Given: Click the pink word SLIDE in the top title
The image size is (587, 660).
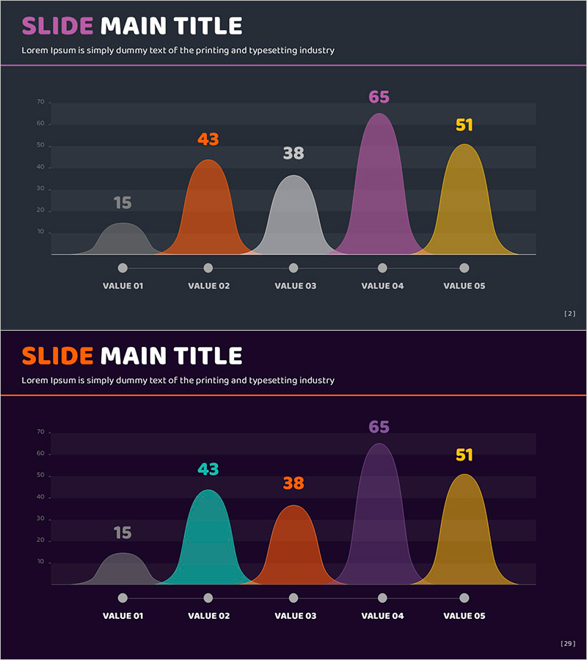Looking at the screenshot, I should coord(57,26).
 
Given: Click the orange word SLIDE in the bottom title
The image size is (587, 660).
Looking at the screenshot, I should coord(57,356).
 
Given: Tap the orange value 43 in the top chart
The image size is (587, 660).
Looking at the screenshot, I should coord(208,139).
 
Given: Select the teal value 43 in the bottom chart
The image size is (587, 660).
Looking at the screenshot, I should coord(208,469).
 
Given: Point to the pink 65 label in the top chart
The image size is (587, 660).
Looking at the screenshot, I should coord(379,98).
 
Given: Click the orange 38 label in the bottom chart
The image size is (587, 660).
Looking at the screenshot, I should coord(293,483).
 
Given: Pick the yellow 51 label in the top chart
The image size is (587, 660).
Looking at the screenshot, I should coord(464,125).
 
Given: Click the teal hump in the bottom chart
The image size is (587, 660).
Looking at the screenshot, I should coord(209,543).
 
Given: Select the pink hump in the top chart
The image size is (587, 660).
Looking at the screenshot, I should coord(379,191).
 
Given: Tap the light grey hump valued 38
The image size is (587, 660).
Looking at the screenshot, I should coord(293,220).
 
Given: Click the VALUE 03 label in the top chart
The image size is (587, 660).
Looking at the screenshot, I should coord(295,286).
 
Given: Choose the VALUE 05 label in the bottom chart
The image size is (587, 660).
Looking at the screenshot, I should coord(464,616).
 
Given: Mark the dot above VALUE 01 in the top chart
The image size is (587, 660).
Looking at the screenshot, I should coord(123,268).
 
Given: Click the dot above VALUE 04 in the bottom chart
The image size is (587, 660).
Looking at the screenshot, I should coord(382,598).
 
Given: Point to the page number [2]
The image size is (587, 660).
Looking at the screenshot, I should coord(569,314).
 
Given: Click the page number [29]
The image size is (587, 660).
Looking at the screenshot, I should coord(568,644).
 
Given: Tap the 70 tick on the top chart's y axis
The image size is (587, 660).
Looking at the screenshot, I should coord(41,102).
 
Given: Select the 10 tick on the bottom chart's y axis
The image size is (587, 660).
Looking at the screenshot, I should coord(41,562).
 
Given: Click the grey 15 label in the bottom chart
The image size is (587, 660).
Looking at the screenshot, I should coord(123,533).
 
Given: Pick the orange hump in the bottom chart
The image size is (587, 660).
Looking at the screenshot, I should coord(293,550).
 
